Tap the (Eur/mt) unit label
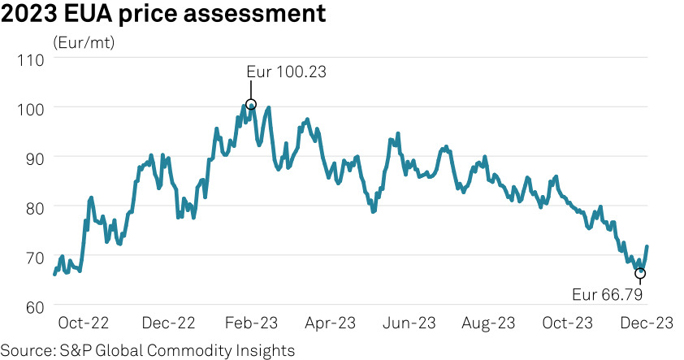tap(84, 43)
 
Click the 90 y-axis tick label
tap(34, 158)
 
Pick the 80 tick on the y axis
tap(34, 207)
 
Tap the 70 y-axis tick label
tap(34, 257)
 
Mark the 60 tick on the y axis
tap(34, 307)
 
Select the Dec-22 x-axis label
tap(168, 323)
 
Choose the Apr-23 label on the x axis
tap(330, 323)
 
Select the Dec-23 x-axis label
tap(647, 323)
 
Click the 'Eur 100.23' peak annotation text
tap(286, 72)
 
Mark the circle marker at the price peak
tap(251, 105)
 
